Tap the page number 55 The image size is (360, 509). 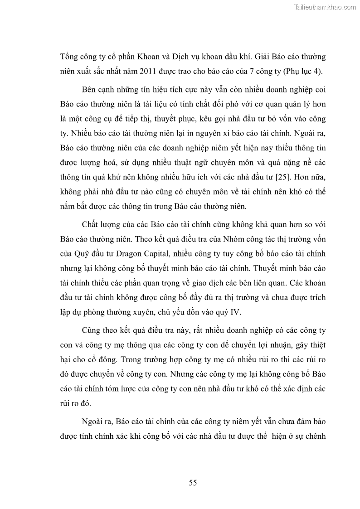point(193,483)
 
